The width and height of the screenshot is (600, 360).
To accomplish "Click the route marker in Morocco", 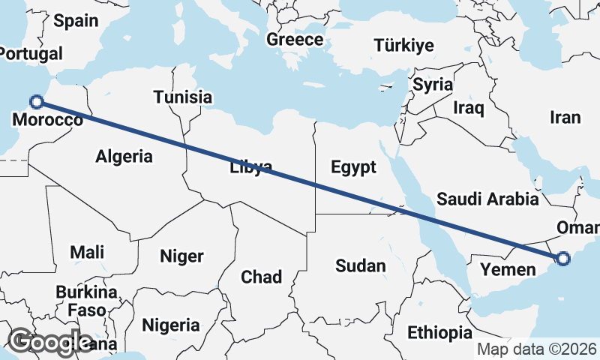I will (x=36, y=102).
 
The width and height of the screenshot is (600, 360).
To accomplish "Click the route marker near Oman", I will (x=562, y=259).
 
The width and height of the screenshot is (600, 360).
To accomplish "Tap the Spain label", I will (x=76, y=20).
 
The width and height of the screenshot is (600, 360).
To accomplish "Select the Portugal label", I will (x=30, y=54).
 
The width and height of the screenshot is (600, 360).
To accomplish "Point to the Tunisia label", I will (x=182, y=97).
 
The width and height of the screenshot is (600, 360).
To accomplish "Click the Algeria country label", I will (x=124, y=156).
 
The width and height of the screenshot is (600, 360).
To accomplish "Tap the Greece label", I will (x=295, y=40).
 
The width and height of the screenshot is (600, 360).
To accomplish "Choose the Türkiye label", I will (x=403, y=45).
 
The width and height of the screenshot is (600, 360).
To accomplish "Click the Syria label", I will (x=433, y=84).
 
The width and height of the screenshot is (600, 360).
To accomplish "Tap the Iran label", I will (x=565, y=118).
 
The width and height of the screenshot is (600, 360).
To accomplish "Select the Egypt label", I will (x=352, y=166).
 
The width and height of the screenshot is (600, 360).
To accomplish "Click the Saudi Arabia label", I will (x=487, y=199).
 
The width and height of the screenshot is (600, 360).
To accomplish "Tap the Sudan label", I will (x=360, y=265).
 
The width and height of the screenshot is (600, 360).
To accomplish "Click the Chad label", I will (x=261, y=277).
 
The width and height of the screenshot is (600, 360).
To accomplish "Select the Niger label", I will (x=181, y=256).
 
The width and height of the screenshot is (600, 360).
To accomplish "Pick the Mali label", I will (x=87, y=252).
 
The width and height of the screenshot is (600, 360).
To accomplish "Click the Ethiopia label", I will (x=439, y=332).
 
